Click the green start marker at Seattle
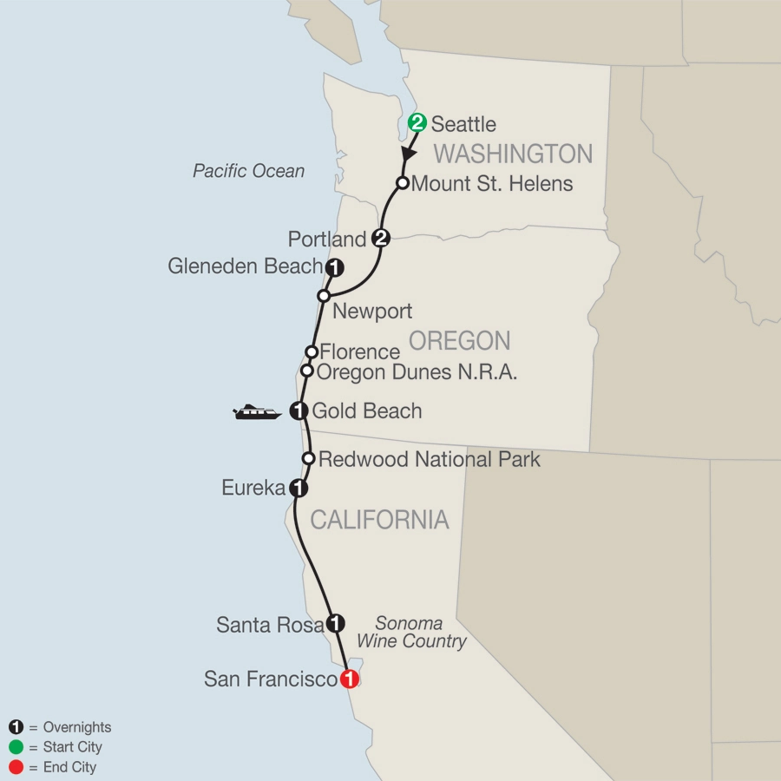pos(417,122)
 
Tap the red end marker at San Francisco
pos(349,679)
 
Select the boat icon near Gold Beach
pos(257,412)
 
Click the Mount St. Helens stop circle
pos(403,183)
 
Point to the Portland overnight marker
pos(379,239)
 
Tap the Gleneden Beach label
pos(246,266)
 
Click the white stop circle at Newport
pos(324,296)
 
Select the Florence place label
pos(360,351)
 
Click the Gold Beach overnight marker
pos(299,410)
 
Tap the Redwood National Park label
pos(430,459)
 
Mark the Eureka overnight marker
pos(298,489)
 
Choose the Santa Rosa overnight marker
pos(336,623)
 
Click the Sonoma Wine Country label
pos(421,633)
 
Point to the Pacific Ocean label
pos(248,171)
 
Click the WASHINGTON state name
pos(513,154)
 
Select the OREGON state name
pos(459,339)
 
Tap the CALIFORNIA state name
pos(379,519)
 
